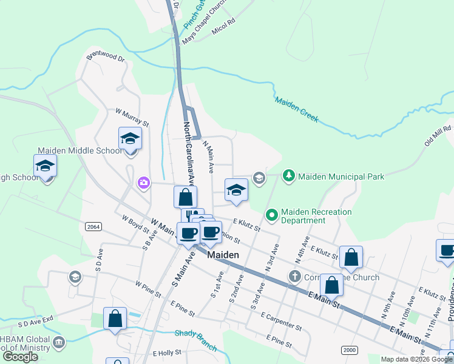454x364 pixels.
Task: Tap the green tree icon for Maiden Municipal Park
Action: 290,177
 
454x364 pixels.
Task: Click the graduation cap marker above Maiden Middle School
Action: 130,139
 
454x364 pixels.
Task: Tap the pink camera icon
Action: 144,183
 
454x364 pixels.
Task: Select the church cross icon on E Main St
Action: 294,277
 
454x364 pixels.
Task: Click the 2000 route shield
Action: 350,350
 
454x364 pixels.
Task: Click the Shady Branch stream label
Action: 195,340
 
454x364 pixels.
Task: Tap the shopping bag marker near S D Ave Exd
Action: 115,319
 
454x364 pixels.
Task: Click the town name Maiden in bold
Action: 223,255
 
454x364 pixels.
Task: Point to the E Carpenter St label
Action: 281,321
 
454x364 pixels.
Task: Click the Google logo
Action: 21,357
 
